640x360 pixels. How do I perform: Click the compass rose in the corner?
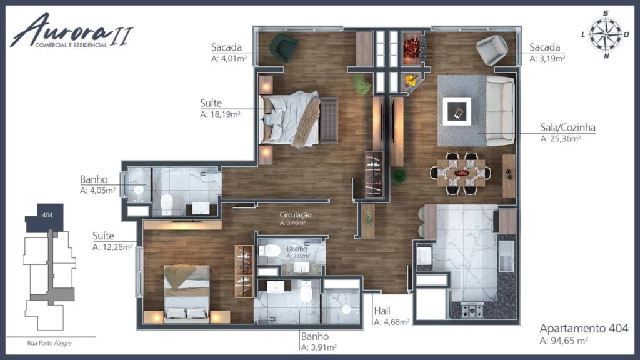pyautogui.click(x=606, y=34)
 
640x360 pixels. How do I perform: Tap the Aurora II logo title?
pyautogui.click(x=72, y=31)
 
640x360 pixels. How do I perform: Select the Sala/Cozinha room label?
pyautogui.click(x=567, y=127)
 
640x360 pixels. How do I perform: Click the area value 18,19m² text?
pyautogui.click(x=225, y=114)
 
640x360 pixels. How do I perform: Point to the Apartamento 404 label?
pyautogui.click(x=584, y=328)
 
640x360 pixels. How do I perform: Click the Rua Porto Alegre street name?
pyautogui.click(x=49, y=343)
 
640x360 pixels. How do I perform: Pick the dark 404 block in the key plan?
pyautogui.click(x=45, y=217)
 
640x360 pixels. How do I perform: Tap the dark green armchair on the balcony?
pyautogui.click(x=284, y=48)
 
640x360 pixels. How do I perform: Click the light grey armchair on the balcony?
pyautogui.click(x=492, y=49)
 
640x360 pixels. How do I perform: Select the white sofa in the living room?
pyautogui.click(x=501, y=111)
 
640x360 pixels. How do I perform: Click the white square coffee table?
pyautogui.click(x=457, y=111)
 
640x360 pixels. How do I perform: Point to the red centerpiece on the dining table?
pyautogui.click(x=462, y=173)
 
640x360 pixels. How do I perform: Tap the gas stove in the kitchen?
pyautogui.click(x=472, y=311)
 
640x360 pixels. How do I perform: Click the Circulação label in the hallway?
pyautogui.click(x=296, y=215)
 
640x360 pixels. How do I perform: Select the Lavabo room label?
pyautogui.click(x=297, y=249)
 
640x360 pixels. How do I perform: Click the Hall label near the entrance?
pyautogui.click(x=382, y=311)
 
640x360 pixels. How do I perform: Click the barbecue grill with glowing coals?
pyautogui.click(x=413, y=48)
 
